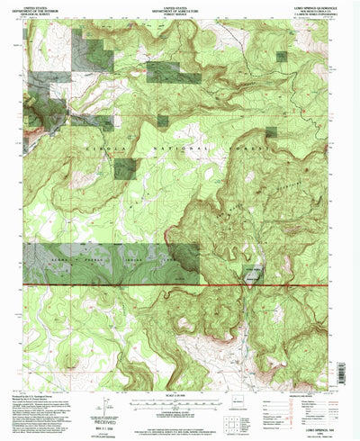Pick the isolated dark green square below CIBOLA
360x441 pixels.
pyautogui.click(x=125, y=167)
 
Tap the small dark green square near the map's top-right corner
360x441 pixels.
pyautogui.click(x=283, y=56)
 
